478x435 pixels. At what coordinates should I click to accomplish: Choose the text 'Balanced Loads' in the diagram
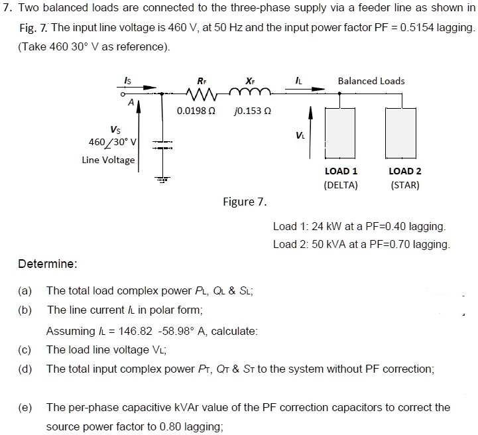click(371, 81)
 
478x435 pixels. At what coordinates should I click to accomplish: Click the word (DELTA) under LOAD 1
click(340, 185)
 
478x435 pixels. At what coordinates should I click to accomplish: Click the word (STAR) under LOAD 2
click(405, 185)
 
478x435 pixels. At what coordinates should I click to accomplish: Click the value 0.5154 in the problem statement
click(433, 29)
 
